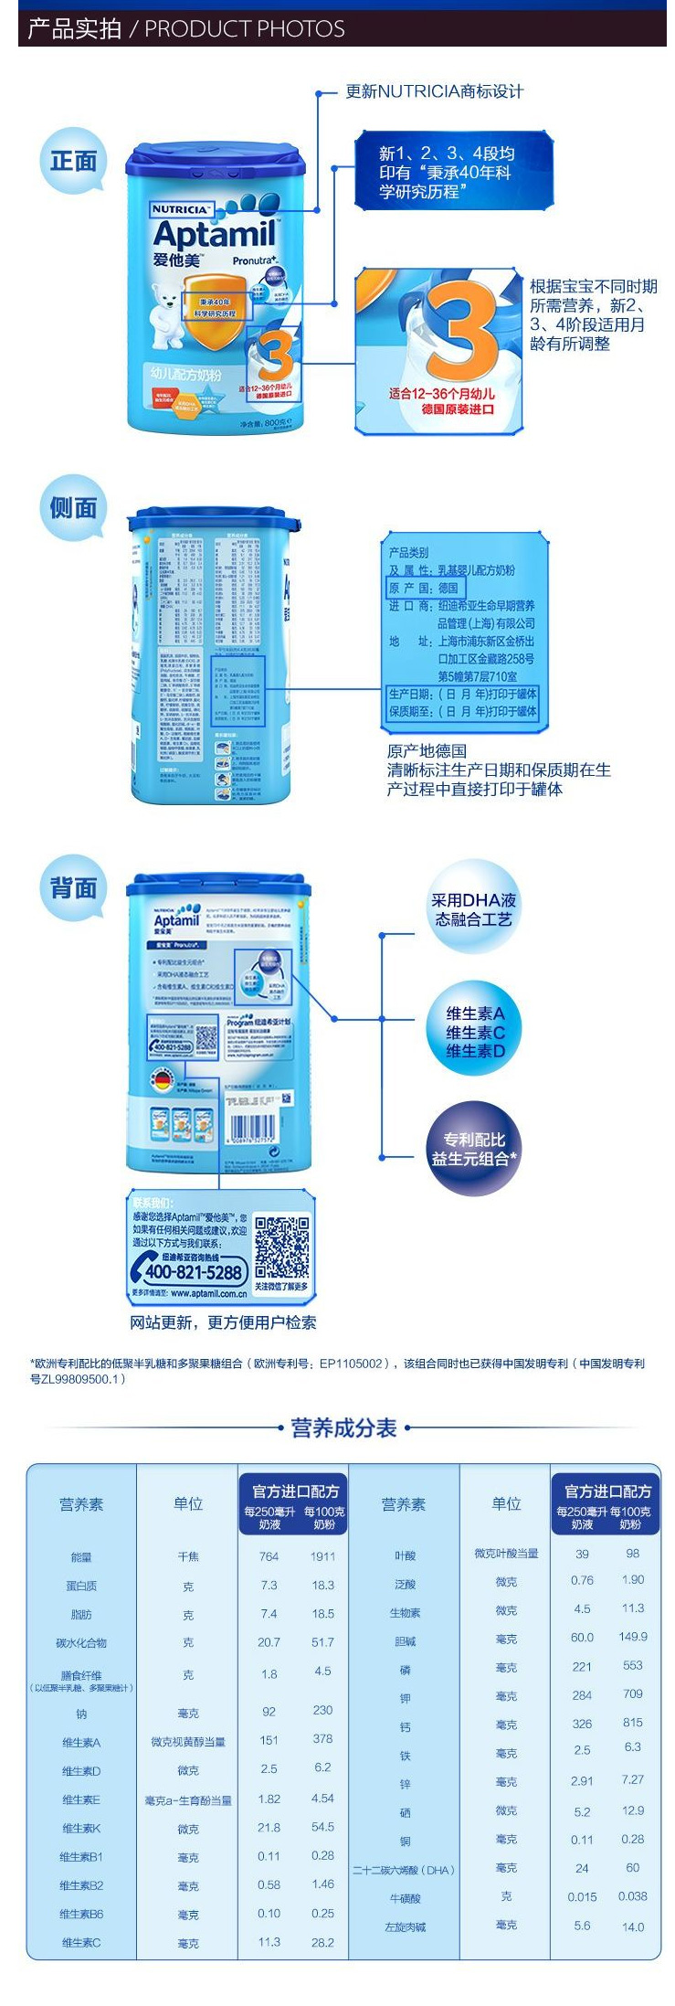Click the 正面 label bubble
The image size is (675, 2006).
click(x=73, y=162)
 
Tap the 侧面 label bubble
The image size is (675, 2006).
click(x=73, y=508)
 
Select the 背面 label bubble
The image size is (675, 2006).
click(x=73, y=887)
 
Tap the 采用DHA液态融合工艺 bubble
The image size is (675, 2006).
click(x=472, y=909)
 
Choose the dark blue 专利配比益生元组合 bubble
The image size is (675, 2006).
click(x=473, y=1149)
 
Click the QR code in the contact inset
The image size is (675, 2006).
click(x=281, y=1247)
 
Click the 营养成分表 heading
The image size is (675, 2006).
click(x=343, y=1428)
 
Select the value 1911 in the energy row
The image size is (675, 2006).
click(x=322, y=1555)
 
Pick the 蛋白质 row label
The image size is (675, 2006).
click(x=81, y=1586)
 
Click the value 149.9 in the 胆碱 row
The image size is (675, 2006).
click(x=632, y=1637)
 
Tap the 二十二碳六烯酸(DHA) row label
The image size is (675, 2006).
click(x=404, y=1869)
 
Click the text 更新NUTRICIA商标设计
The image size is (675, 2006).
click(x=434, y=91)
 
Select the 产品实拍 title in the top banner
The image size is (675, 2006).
click(x=74, y=29)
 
